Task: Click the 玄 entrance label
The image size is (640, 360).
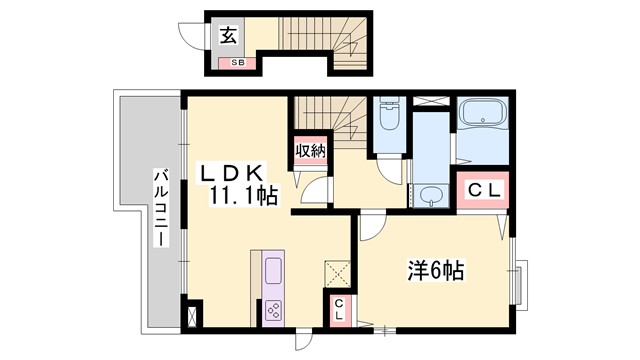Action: coord(228,37)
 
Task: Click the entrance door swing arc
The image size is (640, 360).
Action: coord(192,35)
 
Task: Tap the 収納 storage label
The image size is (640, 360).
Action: coord(310,151)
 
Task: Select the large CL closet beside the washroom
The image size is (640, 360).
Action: coord(483,189)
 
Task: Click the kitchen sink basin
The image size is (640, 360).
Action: coord(273,271)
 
